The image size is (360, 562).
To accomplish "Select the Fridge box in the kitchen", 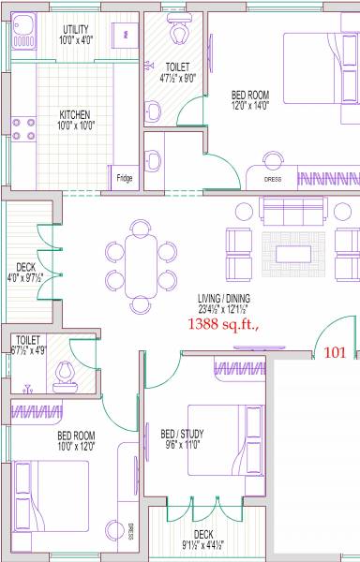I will pyautogui.click(x=124, y=177).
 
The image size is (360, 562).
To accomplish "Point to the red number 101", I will pyautogui.click(x=336, y=353).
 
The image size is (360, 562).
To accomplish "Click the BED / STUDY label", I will pyautogui.click(x=182, y=435).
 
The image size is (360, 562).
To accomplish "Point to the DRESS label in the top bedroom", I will pyautogui.click(x=273, y=178).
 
